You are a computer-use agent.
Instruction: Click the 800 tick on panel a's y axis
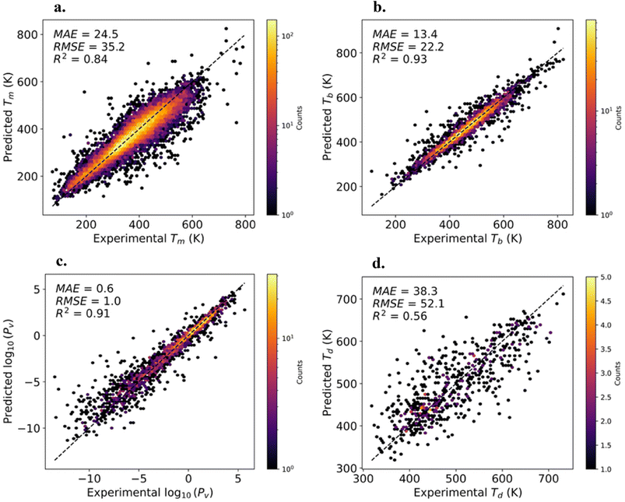click(x=32, y=35)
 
